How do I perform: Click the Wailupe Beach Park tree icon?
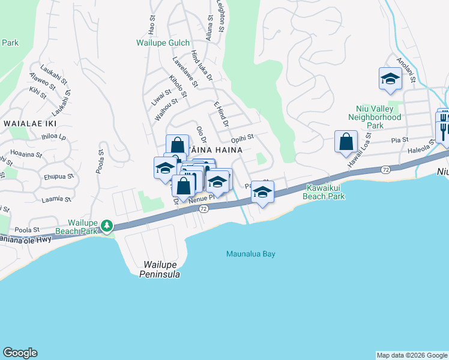[x=107, y=226]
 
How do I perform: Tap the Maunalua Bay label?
[x=250, y=254]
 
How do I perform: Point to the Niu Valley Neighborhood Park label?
[x=375, y=117]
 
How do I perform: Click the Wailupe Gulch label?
[x=163, y=43]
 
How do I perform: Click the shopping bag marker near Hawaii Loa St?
[x=346, y=142]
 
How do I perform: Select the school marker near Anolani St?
[x=390, y=79]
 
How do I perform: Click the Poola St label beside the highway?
[x=28, y=229]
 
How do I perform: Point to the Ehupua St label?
[x=58, y=176]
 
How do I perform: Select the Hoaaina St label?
[x=26, y=154]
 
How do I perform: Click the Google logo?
[x=20, y=353]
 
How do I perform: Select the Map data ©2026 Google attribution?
[x=412, y=355]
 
